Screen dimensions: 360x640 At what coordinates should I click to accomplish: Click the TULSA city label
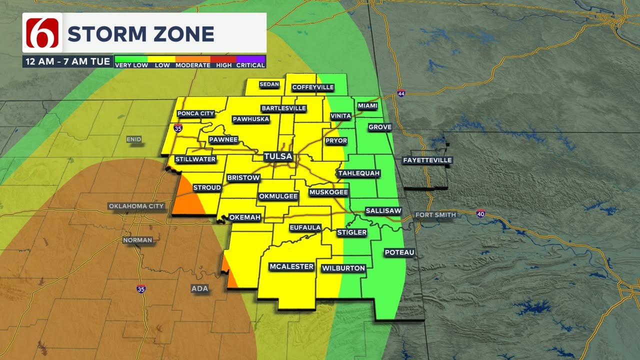coord(278,156)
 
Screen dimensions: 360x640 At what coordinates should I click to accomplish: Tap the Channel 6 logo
coord(42,33)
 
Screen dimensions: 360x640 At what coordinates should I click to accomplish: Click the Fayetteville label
coord(427,160)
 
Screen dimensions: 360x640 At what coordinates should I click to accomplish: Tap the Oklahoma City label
coord(136,206)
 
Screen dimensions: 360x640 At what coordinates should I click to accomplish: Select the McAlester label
coord(291,266)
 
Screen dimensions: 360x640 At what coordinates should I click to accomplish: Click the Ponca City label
coord(195,113)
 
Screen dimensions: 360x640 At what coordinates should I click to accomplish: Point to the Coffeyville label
coord(312,87)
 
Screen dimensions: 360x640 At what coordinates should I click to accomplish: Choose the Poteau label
coord(399,252)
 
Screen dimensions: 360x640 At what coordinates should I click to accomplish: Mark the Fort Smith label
coord(435,215)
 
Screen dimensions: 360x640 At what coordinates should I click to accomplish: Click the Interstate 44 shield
coord(401,93)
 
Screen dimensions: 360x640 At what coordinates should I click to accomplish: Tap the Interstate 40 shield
coord(480,213)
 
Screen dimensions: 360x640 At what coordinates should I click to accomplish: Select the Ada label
coord(199,288)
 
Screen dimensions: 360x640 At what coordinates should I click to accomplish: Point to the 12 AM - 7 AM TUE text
coord(67,62)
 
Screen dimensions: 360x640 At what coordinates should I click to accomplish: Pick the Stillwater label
coord(195,159)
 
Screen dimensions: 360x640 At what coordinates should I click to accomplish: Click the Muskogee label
coord(328,192)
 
